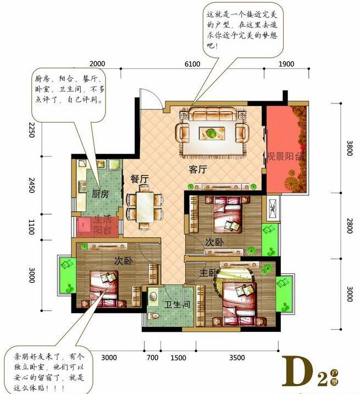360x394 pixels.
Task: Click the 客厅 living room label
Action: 197,170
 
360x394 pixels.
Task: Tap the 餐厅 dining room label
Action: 140,179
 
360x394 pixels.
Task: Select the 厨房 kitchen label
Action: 99,194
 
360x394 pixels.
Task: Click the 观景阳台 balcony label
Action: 285,156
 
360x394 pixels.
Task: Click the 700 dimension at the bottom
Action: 152,358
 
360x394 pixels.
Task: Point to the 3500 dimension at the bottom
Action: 237,358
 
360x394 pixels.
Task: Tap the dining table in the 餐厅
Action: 145,206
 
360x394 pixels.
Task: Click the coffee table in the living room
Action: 210,132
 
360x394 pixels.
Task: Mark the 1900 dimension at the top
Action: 286,64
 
